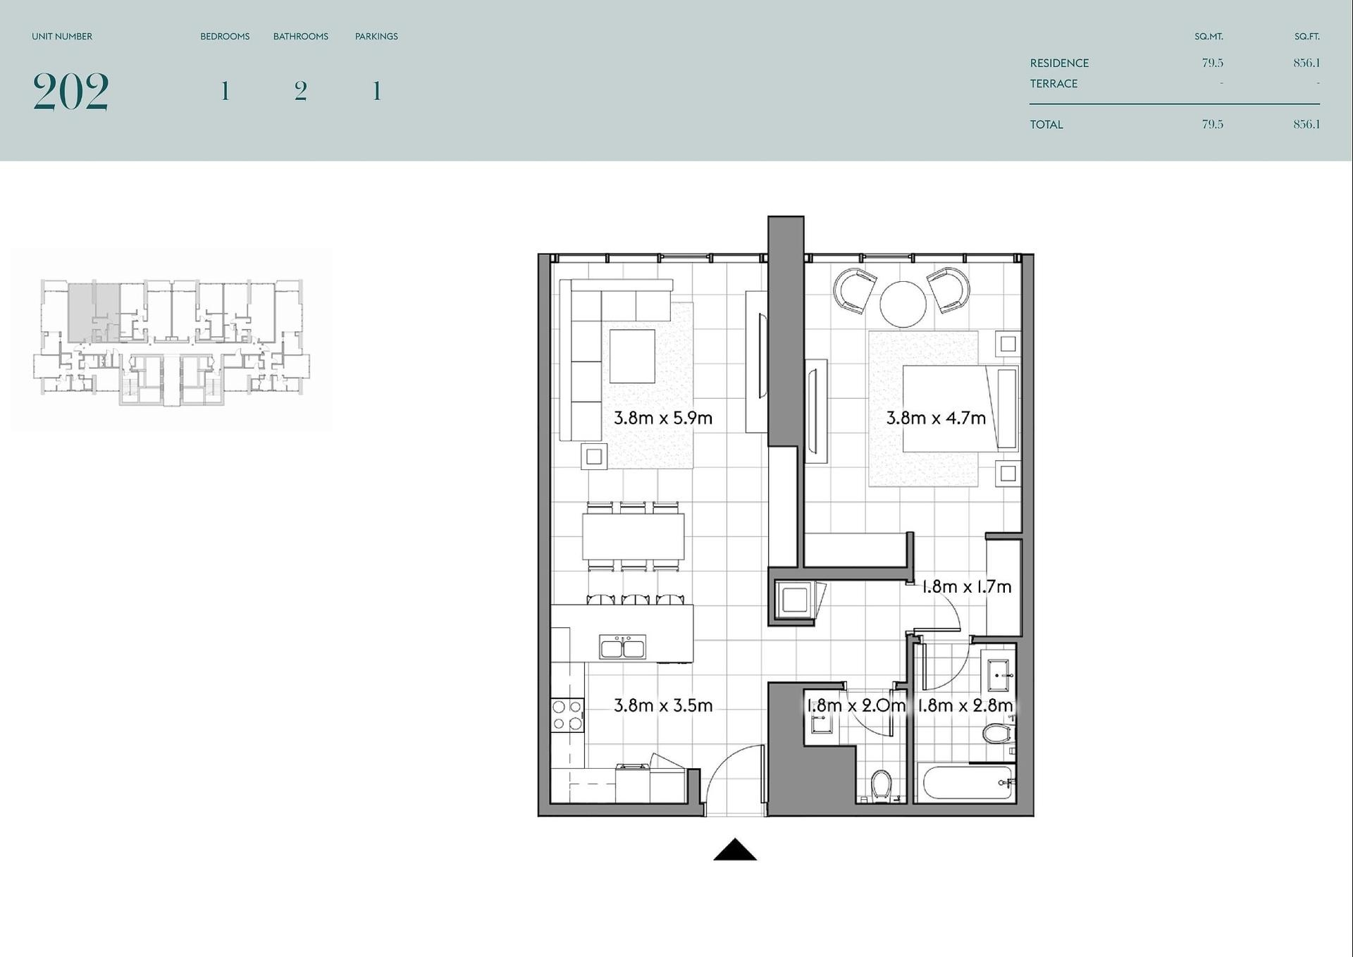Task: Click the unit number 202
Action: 70,92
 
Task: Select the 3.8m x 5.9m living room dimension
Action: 662,418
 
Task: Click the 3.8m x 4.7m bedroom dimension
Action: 936,418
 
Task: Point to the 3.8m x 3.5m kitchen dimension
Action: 662,705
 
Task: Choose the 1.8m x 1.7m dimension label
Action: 967,586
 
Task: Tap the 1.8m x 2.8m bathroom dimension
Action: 965,705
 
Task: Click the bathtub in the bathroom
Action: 965,782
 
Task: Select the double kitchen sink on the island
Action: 622,647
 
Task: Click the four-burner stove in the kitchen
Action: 567,715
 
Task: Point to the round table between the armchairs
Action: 903,304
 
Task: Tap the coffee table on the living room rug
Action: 632,356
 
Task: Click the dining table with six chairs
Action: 633,537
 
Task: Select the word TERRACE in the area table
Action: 1054,84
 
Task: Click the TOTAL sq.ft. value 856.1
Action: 1306,124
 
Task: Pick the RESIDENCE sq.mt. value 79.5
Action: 1213,63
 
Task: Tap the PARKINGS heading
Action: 376,37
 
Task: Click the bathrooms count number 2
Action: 301,91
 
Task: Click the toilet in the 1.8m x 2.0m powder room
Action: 881,786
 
